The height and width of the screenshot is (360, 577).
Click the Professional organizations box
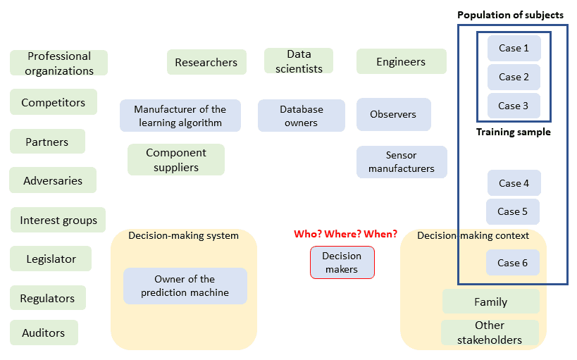pos(58,63)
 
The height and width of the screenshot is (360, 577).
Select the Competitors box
pos(53,102)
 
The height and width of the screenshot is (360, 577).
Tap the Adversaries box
pos(52,180)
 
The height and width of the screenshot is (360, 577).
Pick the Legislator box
pos(51,259)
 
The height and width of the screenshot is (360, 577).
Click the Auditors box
pos(44,333)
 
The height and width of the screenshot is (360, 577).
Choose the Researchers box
pos(206,62)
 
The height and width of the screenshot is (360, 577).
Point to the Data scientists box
pos(299,61)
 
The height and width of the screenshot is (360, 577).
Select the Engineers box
pos(401,61)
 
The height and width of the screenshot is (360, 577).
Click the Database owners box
pos(301,116)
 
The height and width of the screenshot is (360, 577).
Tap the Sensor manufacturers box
pos(401,161)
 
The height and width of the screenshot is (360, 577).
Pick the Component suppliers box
pos(175,160)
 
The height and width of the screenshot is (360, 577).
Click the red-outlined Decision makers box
pos(342,262)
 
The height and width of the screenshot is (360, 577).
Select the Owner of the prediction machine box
pos(185,285)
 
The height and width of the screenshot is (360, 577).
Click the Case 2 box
pos(514,77)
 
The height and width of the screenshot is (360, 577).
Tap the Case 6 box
pos(512,263)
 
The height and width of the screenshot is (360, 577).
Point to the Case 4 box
pos(514,182)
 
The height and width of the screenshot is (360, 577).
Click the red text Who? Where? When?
pos(345,234)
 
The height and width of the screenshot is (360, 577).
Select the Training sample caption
pos(513,132)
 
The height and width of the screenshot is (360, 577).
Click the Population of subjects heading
pos(510,15)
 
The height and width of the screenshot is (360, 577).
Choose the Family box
pos(490,302)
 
